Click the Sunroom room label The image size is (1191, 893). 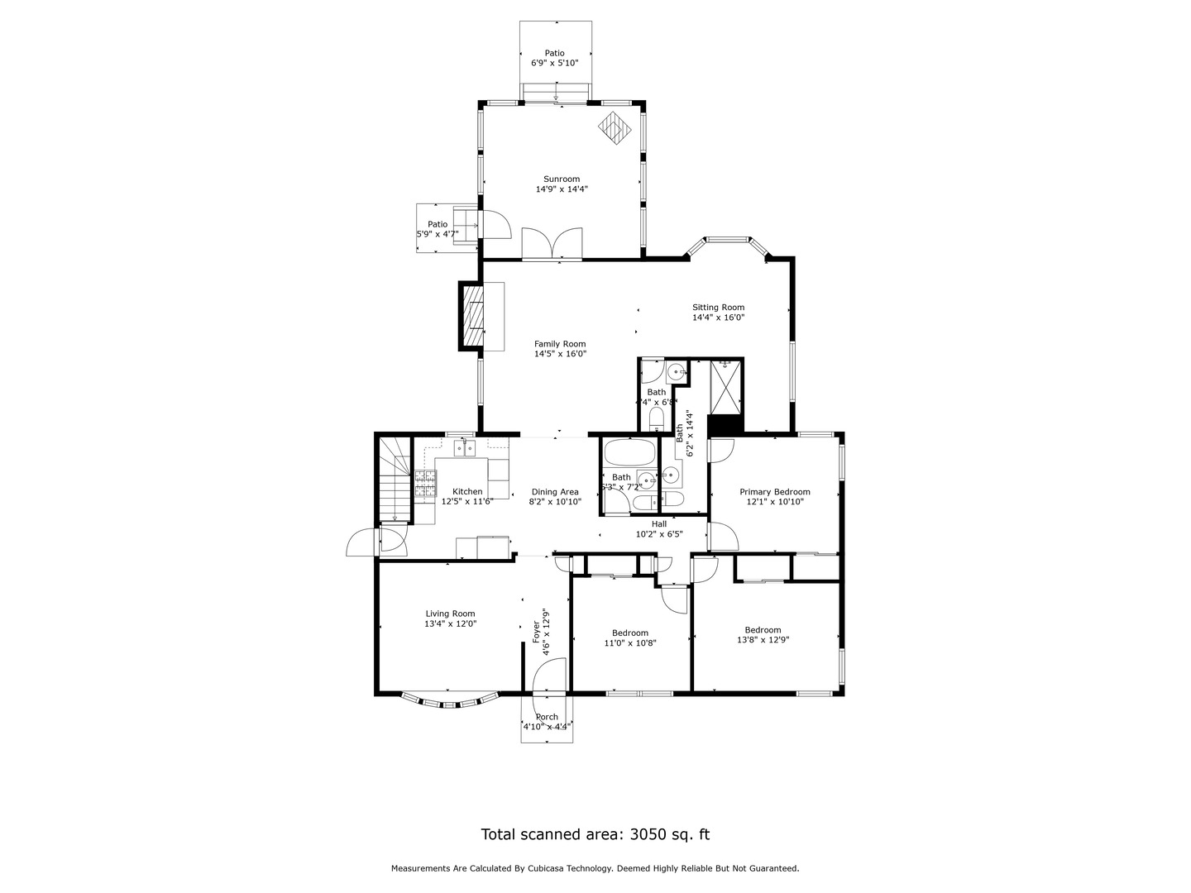pyautogui.click(x=561, y=179)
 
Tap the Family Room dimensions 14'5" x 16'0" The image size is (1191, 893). pyautogui.click(x=560, y=354)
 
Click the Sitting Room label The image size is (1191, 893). pyautogui.click(x=718, y=307)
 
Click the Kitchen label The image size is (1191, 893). pyautogui.click(x=467, y=491)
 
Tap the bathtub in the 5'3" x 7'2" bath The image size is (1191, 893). pyautogui.click(x=630, y=453)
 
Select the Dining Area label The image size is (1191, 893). pyautogui.click(x=555, y=491)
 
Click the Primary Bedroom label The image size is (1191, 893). pyautogui.click(x=774, y=491)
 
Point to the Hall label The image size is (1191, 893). pyautogui.click(x=659, y=523)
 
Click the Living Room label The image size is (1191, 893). pyautogui.click(x=450, y=614)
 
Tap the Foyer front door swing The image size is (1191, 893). pyautogui.click(x=549, y=674)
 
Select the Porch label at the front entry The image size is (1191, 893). pyautogui.click(x=547, y=717)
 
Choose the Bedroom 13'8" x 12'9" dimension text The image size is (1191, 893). pyautogui.click(x=763, y=639)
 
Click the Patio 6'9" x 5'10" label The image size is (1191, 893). pyautogui.click(x=554, y=63)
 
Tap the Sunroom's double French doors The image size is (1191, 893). pyautogui.click(x=552, y=245)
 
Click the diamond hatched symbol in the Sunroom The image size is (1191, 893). pyautogui.click(x=615, y=128)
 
